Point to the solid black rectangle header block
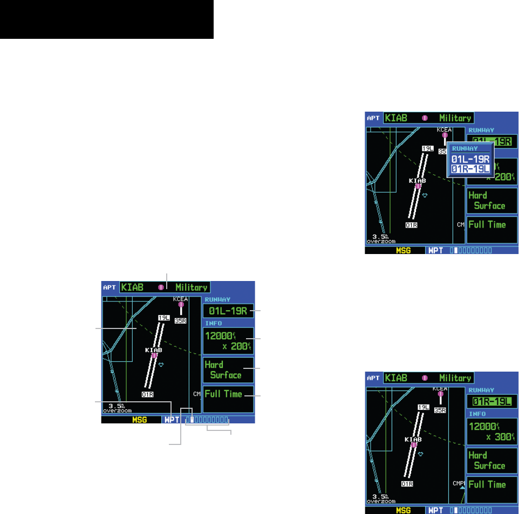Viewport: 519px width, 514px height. pos(107,19)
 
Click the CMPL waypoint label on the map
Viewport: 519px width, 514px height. pos(459,483)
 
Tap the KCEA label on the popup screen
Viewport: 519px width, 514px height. pos(444,129)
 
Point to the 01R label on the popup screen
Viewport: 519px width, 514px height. pos(412,225)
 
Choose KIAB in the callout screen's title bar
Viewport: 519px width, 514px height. pos(133,287)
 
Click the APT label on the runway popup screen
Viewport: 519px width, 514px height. pos(373,118)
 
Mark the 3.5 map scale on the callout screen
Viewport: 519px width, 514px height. pos(115,406)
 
